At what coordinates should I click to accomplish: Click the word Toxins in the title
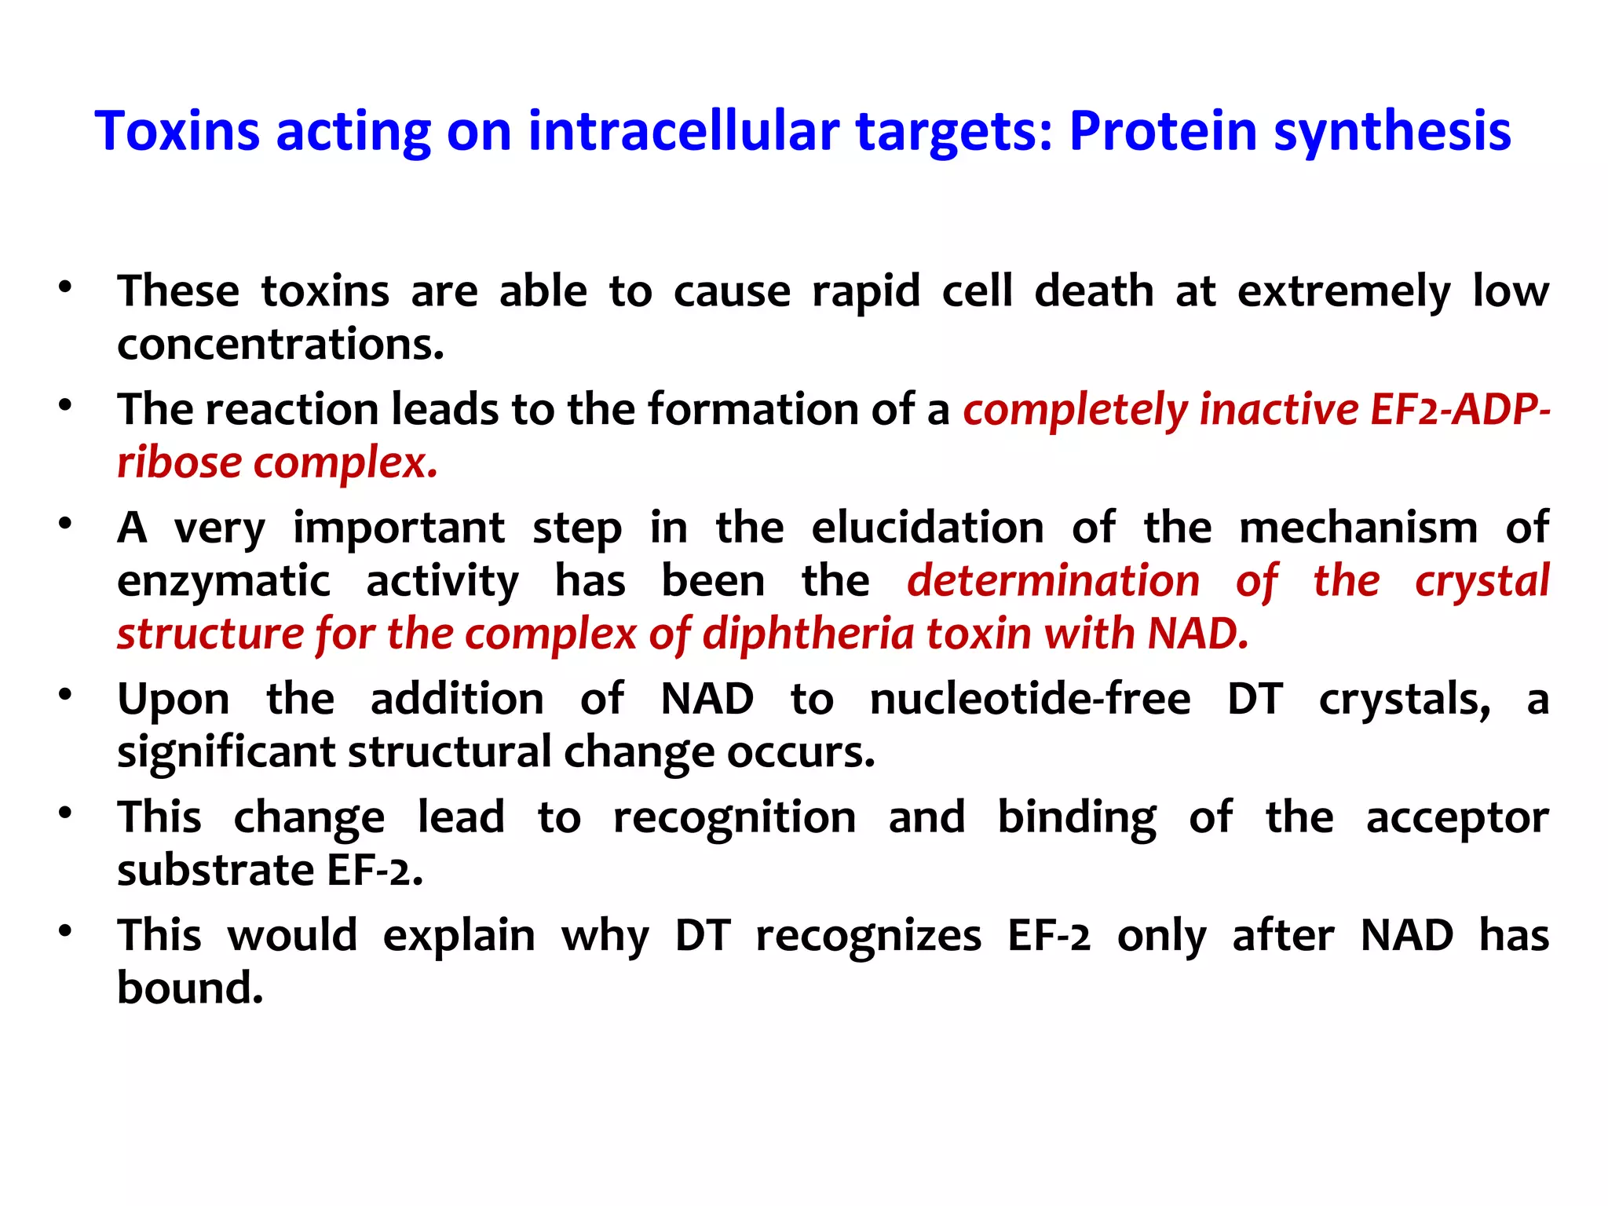(x=177, y=130)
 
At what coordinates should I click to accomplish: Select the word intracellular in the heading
(x=683, y=130)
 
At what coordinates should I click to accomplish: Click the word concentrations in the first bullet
(x=280, y=345)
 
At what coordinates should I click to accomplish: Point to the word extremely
(x=1343, y=292)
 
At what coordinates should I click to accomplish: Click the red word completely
(x=1076, y=410)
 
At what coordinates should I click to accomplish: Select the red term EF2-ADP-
(x=1460, y=410)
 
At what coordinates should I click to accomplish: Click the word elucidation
(x=927, y=528)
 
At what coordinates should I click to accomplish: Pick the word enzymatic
(x=224, y=581)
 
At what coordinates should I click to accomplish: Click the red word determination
(x=1053, y=581)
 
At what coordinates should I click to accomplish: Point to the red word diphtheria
(x=809, y=634)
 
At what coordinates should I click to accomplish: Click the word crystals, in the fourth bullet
(x=1405, y=699)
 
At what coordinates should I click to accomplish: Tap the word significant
(x=226, y=752)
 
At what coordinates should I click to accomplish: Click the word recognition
(x=734, y=817)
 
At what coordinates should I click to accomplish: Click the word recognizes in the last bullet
(x=868, y=935)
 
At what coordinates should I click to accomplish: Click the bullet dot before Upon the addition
(x=65, y=695)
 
